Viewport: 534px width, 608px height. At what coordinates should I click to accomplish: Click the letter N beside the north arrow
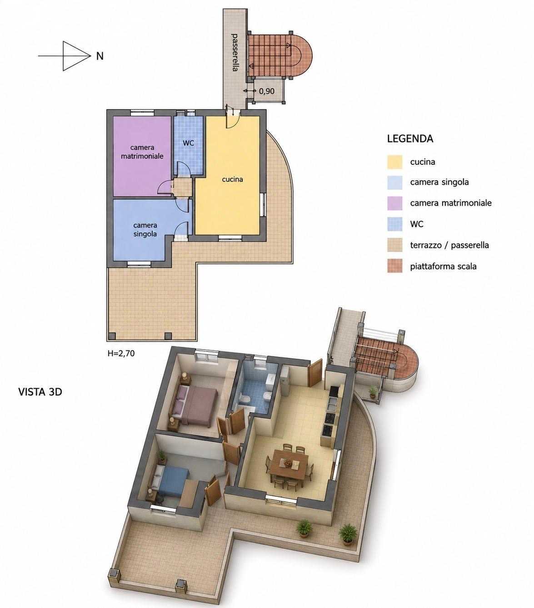coord(100,56)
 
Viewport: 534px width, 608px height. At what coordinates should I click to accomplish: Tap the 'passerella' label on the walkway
coord(235,52)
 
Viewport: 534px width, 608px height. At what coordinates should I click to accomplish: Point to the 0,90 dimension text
coord(266,91)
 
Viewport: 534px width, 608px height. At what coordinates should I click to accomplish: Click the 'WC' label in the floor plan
coord(188,143)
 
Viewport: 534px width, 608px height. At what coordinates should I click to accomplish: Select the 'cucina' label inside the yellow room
coord(232,179)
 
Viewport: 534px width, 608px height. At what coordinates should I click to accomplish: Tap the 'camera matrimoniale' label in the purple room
coord(142,152)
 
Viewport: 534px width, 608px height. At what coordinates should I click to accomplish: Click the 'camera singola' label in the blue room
coord(145,230)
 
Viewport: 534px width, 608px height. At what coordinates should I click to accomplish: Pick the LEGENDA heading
coord(410,138)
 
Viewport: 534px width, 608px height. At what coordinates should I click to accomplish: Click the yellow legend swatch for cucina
coord(394,162)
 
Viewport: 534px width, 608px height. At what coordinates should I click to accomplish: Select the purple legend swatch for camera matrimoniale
coord(394,203)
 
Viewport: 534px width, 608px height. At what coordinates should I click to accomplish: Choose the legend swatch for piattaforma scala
coord(394,266)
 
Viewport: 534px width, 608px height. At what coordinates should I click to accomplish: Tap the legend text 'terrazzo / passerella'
coord(449,245)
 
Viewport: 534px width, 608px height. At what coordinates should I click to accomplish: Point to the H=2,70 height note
coord(121,354)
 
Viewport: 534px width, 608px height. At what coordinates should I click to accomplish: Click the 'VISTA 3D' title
coord(40,392)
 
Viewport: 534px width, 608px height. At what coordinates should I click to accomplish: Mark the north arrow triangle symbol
coord(75,56)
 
